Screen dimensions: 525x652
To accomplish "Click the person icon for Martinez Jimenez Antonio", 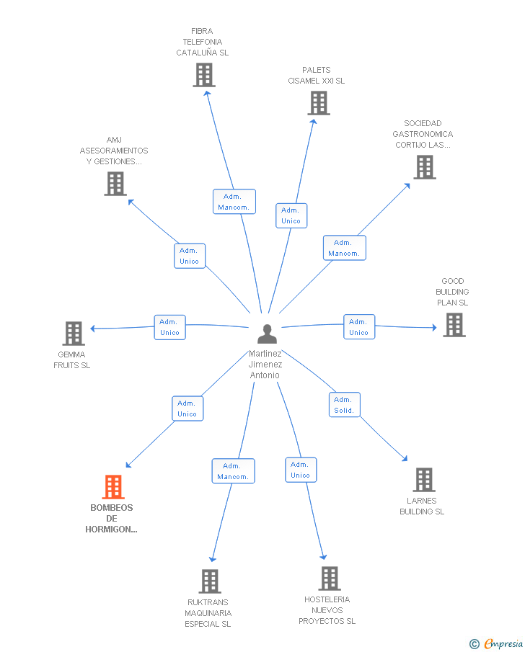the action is tap(267, 334).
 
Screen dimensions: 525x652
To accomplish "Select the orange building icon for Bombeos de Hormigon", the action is tap(113, 486).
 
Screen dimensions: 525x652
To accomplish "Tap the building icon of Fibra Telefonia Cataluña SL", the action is tap(204, 75).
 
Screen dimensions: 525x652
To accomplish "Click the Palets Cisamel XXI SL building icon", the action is tap(319, 103).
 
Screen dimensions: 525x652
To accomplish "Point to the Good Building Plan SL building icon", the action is tap(454, 325).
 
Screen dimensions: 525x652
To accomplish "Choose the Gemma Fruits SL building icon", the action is tap(74, 334).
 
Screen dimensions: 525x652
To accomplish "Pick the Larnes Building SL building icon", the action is tap(424, 480).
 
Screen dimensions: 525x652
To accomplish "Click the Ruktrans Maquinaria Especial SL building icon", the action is tap(210, 581).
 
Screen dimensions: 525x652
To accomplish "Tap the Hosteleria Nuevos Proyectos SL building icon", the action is tap(330, 579).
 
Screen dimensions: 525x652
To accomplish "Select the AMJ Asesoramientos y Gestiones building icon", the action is tap(115, 184).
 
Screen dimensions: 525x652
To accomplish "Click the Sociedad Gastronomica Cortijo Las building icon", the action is tap(425, 167).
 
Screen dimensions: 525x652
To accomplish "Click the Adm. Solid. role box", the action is tap(344, 405).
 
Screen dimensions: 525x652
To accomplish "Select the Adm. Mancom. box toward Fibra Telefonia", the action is tap(234, 202).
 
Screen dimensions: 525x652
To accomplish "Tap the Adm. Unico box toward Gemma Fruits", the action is tap(170, 327).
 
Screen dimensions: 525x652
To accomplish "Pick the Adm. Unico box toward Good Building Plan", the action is tap(359, 327).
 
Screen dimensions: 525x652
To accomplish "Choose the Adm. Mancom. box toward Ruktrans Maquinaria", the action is tap(233, 471).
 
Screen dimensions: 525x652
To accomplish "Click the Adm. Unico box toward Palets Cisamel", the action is tap(291, 216).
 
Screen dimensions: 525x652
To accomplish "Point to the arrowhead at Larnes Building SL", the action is tap(405, 459).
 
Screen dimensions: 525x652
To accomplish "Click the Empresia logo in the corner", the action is tap(496, 643).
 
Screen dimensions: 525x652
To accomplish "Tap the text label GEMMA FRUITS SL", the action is tap(71, 360).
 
